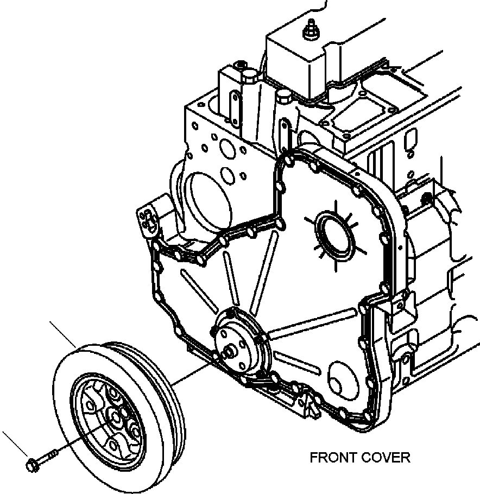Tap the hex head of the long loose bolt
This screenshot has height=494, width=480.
coord(31,465)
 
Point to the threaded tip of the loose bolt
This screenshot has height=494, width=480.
coord(55,452)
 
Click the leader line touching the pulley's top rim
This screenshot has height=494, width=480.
coord(62,335)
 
